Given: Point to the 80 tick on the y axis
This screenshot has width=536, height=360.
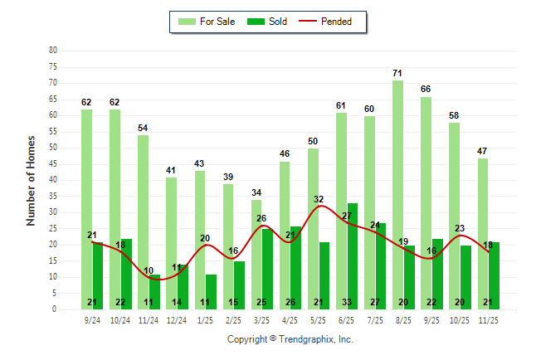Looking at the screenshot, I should click(53, 51).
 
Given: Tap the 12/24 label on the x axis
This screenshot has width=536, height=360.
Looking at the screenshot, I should click(177, 319).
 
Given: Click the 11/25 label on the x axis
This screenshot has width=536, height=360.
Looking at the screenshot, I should click(489, 319).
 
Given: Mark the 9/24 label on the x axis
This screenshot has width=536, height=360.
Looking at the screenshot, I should click(92, 319).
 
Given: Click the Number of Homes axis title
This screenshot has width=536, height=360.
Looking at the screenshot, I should click(31, 180).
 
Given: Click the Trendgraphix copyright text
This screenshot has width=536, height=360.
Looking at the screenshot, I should click(290, 339).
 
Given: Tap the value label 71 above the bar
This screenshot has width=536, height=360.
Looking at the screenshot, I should click(398, 74).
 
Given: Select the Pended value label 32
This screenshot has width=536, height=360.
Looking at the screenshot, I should click(319, 199).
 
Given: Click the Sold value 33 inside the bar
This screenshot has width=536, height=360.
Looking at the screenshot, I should click(353, 302).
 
